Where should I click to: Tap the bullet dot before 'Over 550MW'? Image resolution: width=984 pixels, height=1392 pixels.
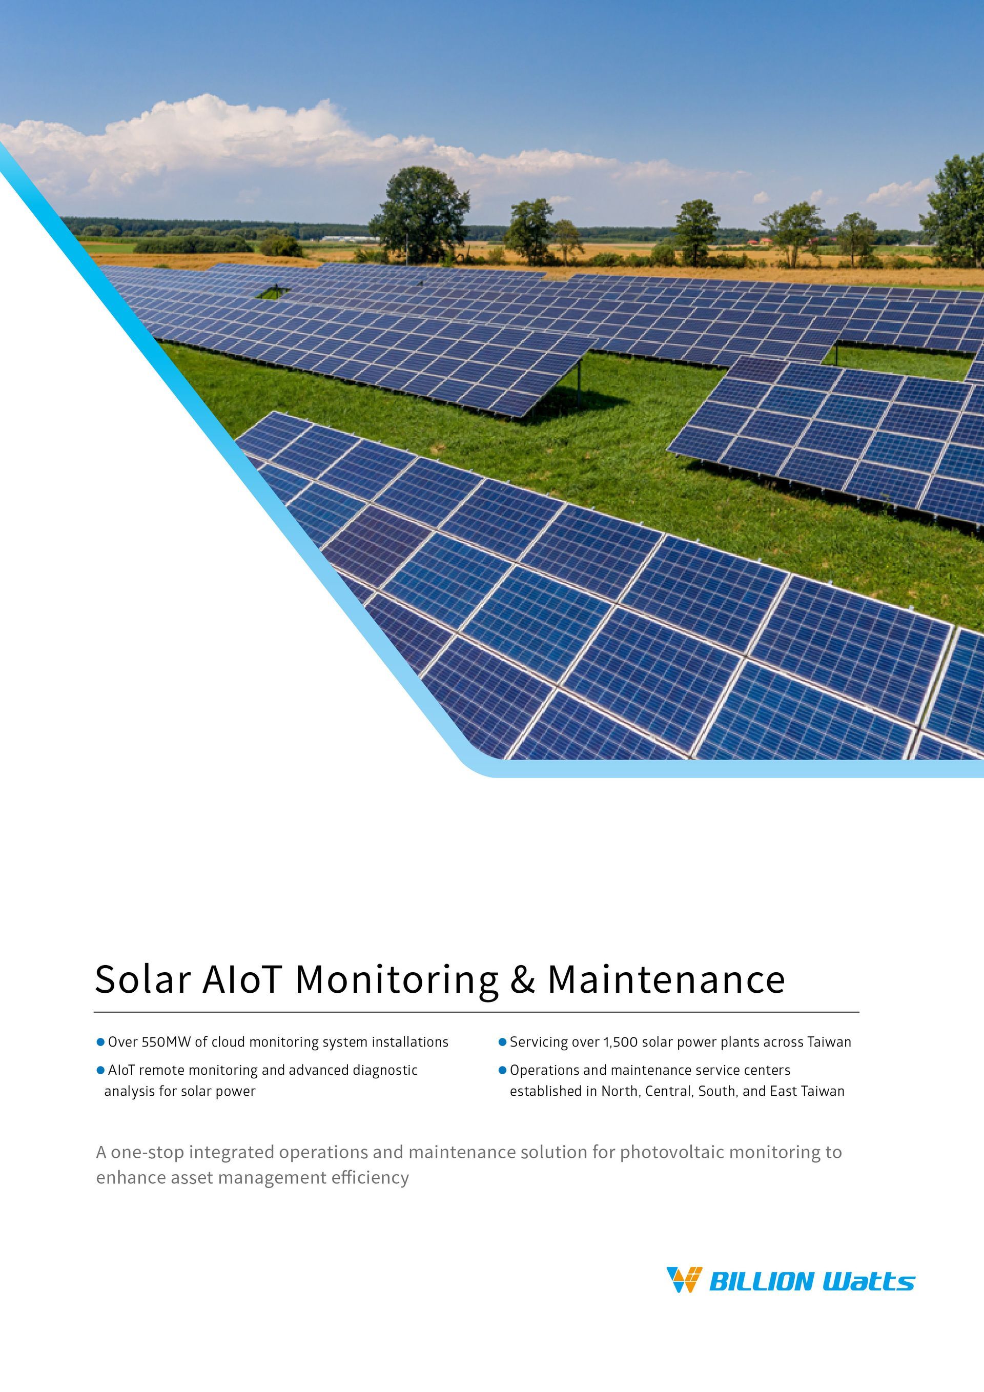tap(100, 1042)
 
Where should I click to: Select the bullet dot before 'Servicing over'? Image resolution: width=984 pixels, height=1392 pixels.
tap(502, 1042)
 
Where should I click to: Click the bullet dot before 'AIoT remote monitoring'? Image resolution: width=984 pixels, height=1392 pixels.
tap(100, 1071)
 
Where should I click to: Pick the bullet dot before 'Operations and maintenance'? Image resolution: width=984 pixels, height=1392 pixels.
tap(502, 1071)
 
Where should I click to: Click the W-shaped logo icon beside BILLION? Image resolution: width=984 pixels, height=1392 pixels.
tap(684, 1280)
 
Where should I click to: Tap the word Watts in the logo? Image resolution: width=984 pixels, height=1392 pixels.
tap(868, 1282)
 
